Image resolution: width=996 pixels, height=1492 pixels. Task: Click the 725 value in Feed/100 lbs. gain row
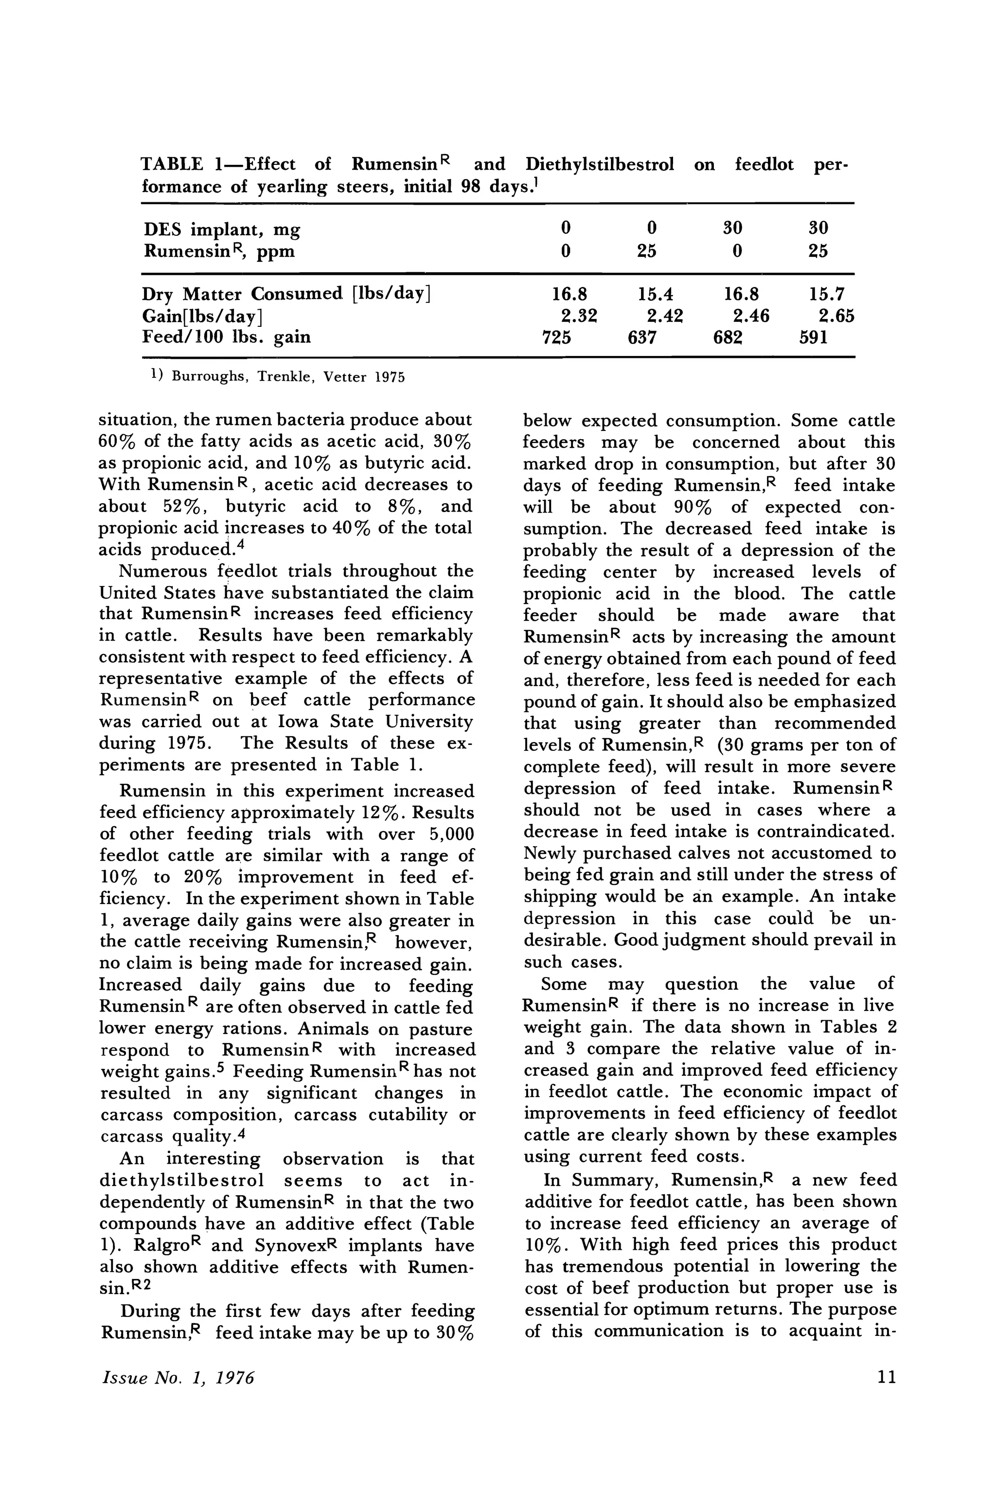(x=556, y=337)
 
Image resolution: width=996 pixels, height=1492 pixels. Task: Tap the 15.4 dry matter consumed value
(x=655, y=294)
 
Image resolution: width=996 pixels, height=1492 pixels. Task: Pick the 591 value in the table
(x=813, y=337)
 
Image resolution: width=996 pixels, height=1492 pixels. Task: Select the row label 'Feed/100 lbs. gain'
(x=226, y=337)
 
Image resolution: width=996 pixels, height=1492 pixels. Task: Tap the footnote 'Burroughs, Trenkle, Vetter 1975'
(x=287, y=377)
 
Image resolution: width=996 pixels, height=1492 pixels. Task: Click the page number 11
(x=886, y=1395)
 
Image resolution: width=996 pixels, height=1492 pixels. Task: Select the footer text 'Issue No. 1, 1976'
(x=178, y=1395)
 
